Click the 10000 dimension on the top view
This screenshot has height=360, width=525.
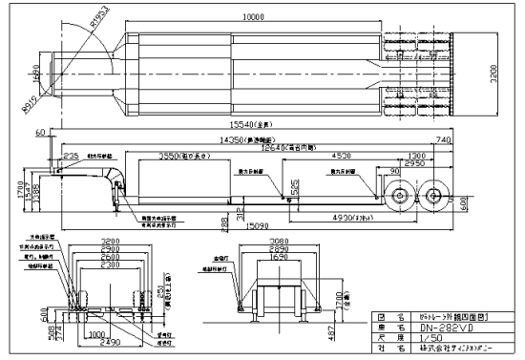254,17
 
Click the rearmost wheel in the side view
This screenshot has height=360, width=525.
435,198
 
